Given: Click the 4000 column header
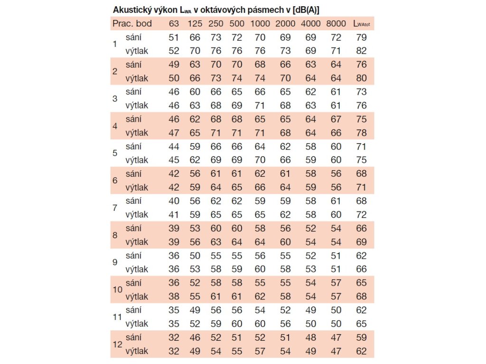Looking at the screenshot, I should [x=311, y=24].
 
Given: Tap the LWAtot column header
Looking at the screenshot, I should [x=361, y=24].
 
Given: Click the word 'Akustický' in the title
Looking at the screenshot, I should [x=131, y=10].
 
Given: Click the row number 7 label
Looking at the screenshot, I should [x=114, y=208].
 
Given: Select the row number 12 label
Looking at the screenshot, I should [x=117, y=345].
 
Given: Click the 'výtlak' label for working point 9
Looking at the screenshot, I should [x=137, y=269].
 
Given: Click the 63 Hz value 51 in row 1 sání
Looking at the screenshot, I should [x=174, y=37].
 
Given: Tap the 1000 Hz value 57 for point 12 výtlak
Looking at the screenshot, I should [x=260, y=351].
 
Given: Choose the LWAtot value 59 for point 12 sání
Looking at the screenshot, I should [x=361, y=338].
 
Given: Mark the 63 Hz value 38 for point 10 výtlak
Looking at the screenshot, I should [x=174, y=297].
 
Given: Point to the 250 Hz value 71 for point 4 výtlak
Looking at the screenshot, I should [x=216, y=133].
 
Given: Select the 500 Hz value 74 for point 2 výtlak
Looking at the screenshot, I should [x=236, y=78].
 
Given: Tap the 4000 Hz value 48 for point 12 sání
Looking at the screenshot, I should [x=311, y=338].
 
